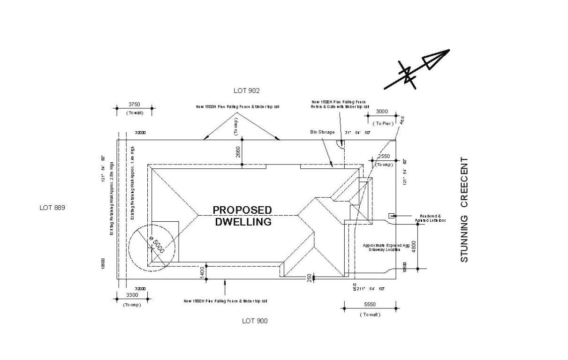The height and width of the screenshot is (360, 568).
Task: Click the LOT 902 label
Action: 246,90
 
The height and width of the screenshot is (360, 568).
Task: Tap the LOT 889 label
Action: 52,208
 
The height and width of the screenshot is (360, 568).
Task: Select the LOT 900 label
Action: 255,321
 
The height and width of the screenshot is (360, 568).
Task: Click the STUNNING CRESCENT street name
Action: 464,210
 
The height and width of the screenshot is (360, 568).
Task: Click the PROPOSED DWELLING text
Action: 242,216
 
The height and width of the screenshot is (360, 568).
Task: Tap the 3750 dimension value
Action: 134,105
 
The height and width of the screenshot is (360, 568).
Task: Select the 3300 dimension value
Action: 133,295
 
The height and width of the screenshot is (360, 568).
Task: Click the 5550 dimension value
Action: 370,305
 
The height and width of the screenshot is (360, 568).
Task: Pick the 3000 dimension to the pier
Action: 382,112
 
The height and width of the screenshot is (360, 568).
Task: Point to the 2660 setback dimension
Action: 237,152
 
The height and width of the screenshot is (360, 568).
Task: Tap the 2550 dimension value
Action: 384,156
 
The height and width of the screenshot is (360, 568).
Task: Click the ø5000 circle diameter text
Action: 157,244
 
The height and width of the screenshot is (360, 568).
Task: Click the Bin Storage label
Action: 322,133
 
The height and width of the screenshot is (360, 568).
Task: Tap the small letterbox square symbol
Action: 391,216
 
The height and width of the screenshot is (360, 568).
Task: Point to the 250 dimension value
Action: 309,277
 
